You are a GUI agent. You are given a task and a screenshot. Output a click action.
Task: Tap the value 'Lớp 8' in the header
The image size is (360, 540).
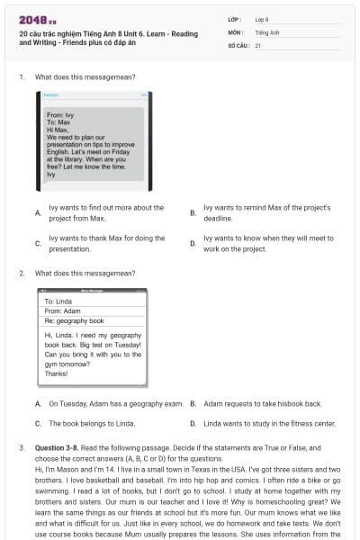tap(262, 19)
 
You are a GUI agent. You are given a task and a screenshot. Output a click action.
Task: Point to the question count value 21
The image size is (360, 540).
tap(258, 44)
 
